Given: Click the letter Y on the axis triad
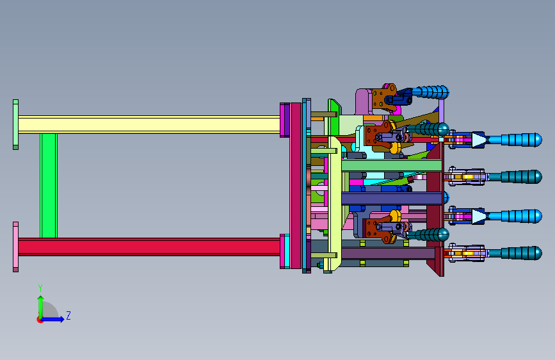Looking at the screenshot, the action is tap(40, 288).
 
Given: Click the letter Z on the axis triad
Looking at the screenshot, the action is tap(68, 315).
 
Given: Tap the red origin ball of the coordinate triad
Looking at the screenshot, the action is tap(39, 320).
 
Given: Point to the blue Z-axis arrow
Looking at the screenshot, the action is tap(53, 319).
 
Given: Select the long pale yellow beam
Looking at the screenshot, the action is tap(149, 125).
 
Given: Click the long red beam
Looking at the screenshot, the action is tap(149, 247).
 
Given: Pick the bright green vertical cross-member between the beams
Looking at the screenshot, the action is tap(49, 186).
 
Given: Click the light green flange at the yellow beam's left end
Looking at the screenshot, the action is tap(15, 125).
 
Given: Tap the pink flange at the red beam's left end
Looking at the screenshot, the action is tap(15, 247).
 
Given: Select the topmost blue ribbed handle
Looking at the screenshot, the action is tap(430, 92).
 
